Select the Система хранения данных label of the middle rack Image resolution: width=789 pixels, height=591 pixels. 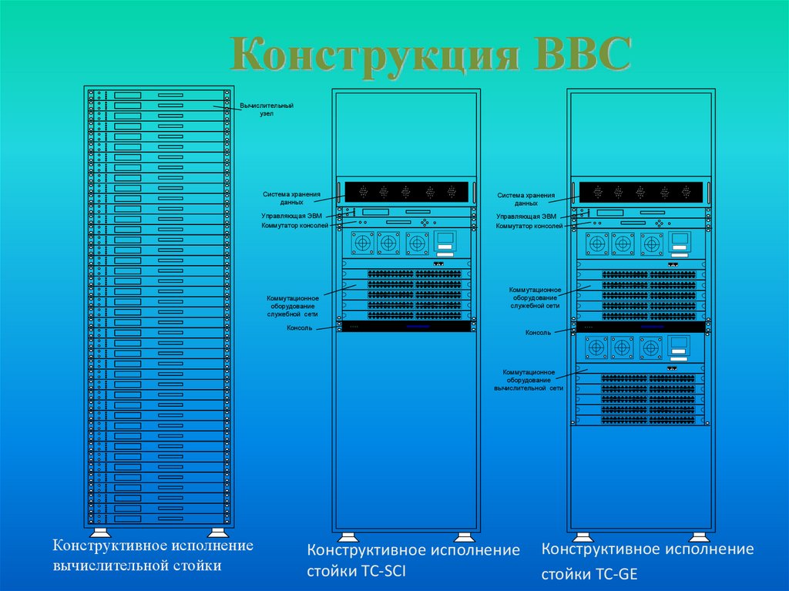point(291,198)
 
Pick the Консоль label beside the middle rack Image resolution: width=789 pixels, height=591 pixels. point(299,327)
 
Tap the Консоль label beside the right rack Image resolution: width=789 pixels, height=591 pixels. point(538,333)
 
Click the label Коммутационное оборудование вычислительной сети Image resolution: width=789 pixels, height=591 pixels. point(529,380)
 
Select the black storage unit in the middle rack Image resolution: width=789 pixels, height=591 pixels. point(407,192)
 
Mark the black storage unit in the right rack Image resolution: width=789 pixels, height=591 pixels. point(642,192)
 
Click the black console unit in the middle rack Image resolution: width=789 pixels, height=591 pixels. point(407,327)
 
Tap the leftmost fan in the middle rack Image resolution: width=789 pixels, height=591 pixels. point(363,243)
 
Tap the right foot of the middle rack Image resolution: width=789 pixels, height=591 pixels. point(464,537)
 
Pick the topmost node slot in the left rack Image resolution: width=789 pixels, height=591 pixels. point(159,95)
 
